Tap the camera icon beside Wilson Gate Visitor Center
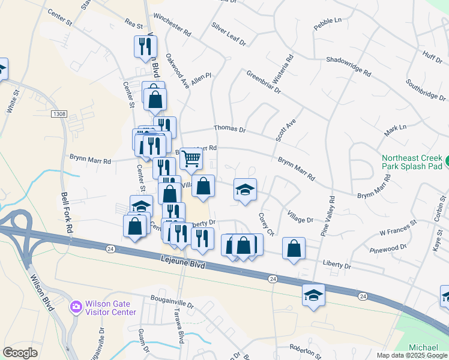(76, 307)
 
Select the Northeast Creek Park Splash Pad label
(412, 161)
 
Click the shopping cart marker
(191, 159)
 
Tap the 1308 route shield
(59, 113)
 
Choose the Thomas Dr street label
(231, 129)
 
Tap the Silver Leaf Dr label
(229, 34)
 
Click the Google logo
(20, 352)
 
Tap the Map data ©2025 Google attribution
(412, 355)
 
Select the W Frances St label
(397, 227)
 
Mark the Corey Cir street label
(266, 223)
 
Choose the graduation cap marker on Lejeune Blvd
(313, 295)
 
